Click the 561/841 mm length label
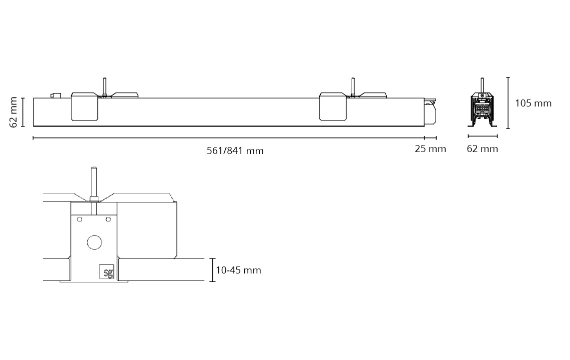tap(235, 150)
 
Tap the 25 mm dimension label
tap(431, 148)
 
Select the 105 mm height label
tap(534, 103)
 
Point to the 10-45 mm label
tap(238, 270)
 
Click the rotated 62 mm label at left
tap(13, 112)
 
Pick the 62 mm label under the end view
tap(483, 148)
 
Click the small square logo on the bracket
tap(107, 271)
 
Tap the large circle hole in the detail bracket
tap(94, 242)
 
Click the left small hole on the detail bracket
tap(80, 219)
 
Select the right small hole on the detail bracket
tap(108, 219)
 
